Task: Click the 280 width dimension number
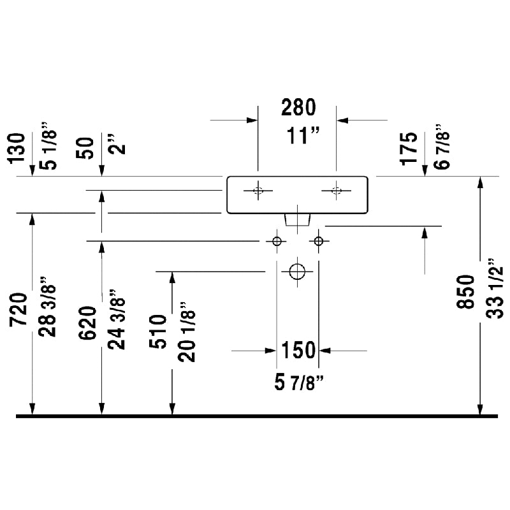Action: click(298, 107)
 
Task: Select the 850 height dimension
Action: click(466, 292)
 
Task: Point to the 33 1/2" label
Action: click(495, 289)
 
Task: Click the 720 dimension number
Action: click(18, 310)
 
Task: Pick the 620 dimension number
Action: click(88, 323)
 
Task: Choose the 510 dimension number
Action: click(157, 331)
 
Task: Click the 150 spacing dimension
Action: click(298, 350)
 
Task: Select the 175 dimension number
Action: click(409, 149)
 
